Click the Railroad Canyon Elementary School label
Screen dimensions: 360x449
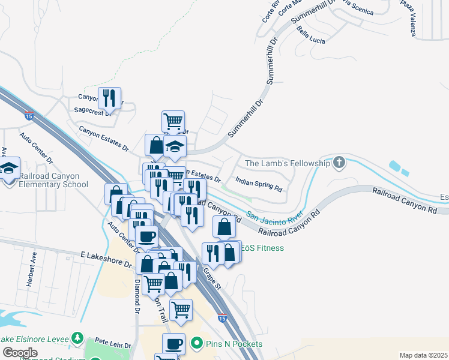click(x=53, y=181)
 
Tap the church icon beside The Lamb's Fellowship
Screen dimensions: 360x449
click(x=339, y=163)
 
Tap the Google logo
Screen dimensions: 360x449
click(x=20, y=353)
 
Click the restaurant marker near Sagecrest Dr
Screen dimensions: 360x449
click(x=109, y=97)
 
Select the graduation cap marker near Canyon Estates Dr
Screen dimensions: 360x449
click(x=175, y=146)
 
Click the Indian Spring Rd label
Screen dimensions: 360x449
click(x=259, y=184)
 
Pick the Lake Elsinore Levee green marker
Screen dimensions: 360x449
click(x=77, y=338)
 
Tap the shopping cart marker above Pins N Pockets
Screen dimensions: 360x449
click(x=181, y=310)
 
